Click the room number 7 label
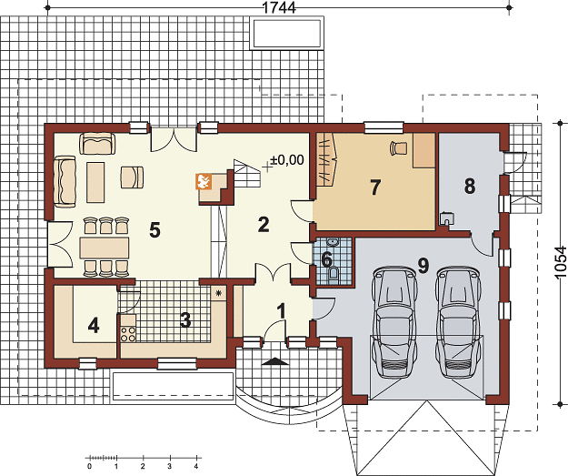[375, 187]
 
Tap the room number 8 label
[470, 186]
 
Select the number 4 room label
[94, 325]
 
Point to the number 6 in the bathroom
[326, 259]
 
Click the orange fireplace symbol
[204, 181]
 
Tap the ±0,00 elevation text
[286, 160]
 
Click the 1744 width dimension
[279, 7]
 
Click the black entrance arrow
[275, 361]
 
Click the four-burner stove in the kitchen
[128, 334]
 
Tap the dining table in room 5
[105, 248]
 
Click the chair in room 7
[398, 148]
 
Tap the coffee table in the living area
[95, 182]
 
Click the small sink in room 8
[447, 218]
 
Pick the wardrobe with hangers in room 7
[327, 160]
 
